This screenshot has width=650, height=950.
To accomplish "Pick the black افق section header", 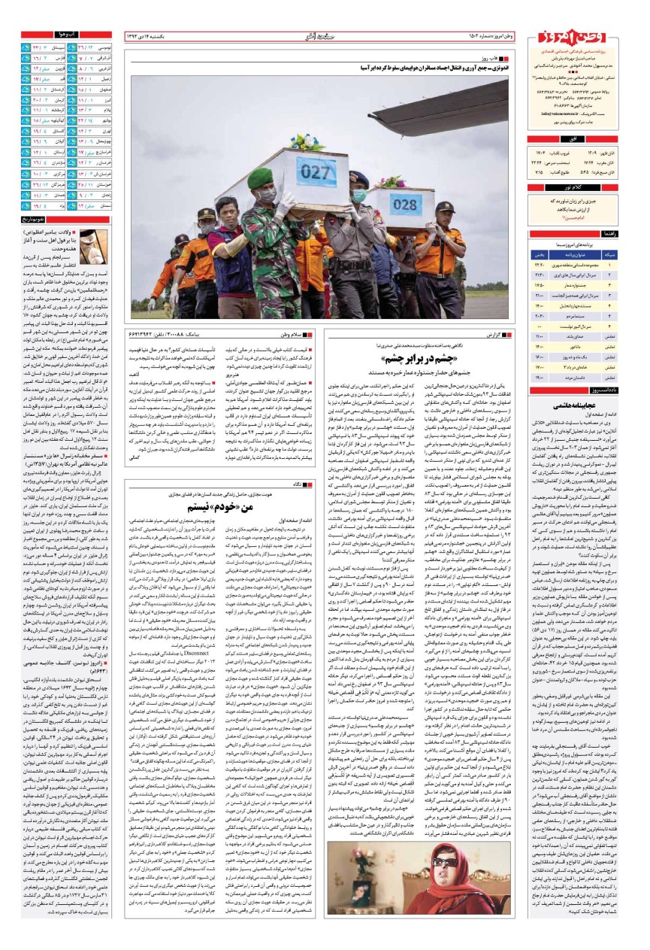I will (581, 140).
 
